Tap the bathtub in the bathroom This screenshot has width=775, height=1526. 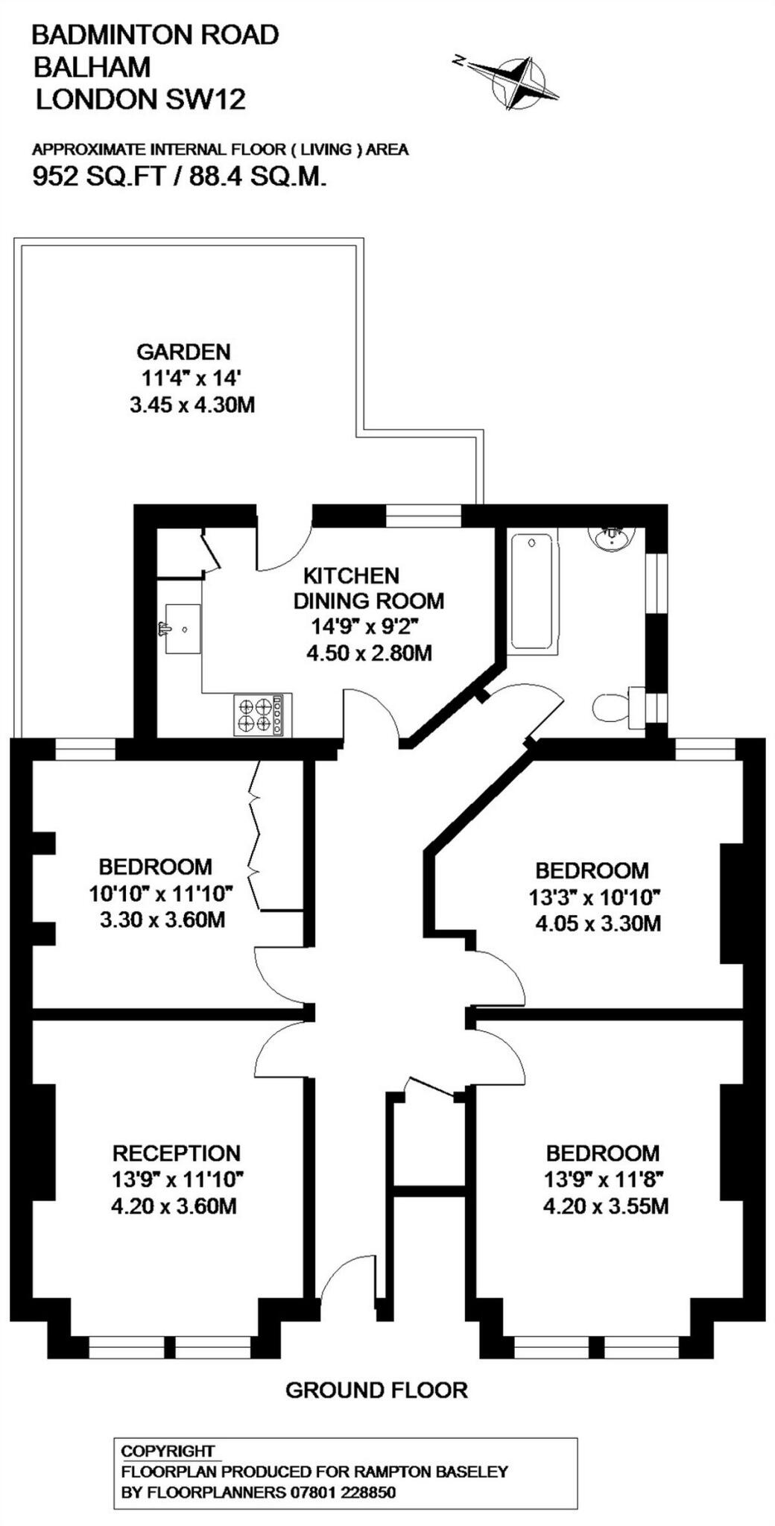pos(532,592)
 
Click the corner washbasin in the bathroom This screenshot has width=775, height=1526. pos(613,536)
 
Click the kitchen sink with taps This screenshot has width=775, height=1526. pos(181,629)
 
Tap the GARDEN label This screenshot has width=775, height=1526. pos(183,351)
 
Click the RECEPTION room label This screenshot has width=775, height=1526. pos(177,1153)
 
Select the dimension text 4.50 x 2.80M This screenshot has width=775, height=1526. pos(370,653)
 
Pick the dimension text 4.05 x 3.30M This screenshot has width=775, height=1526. pos(598,924)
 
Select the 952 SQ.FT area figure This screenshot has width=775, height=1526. pos(98,177)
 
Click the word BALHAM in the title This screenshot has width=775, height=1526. pos(92,67)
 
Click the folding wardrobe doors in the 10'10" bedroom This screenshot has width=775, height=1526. pos(257,835)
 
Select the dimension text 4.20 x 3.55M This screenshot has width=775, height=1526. pos(605,1205)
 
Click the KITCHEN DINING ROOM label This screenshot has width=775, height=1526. pos(368,588)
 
